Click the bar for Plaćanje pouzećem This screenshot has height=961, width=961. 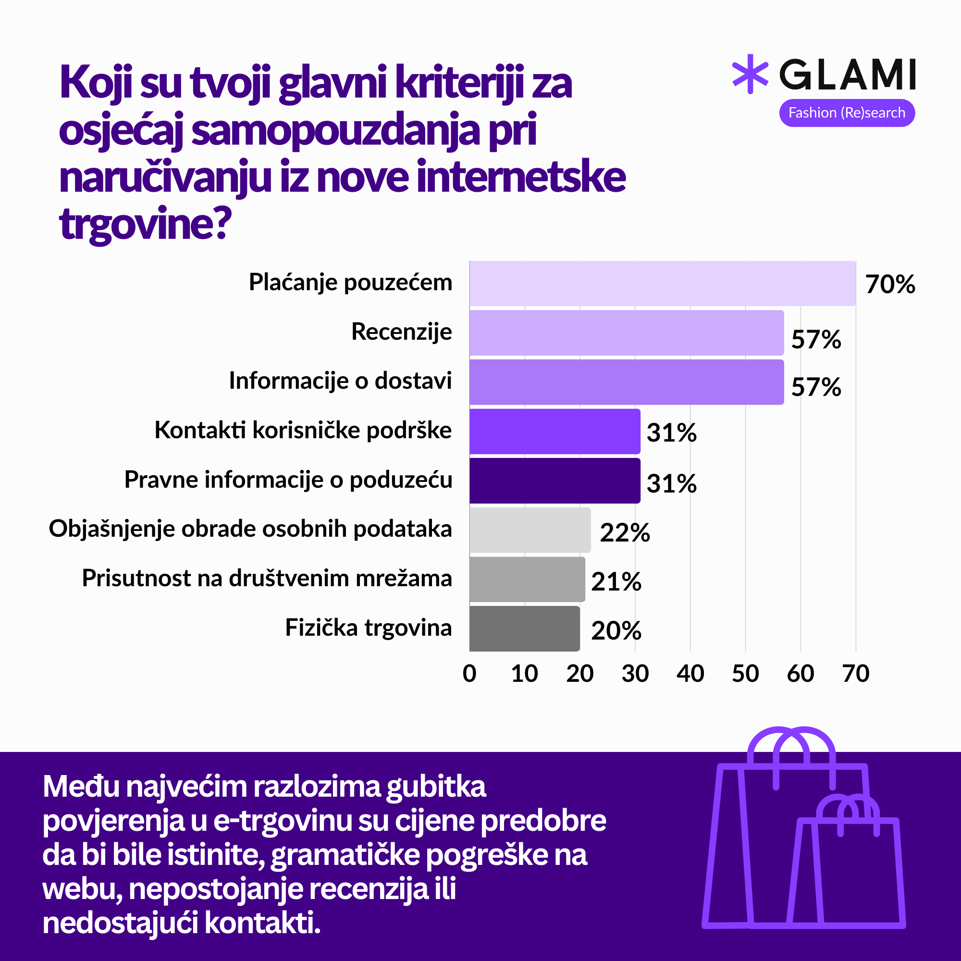pyautogui.click(x=662, y=283)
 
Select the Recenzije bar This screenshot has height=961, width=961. pyautogui.click(x=626, y=333)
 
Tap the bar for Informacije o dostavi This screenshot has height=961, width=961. pyautogui.click(x=626, y=382)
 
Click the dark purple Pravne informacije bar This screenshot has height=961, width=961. pyautogui.click(x=554, y=480)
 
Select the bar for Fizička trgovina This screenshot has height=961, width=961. pyautogui.click(x=524, y=628)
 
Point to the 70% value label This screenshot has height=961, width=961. pyautogui.click(x=890, y=284)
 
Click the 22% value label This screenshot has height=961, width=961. pyautogui.click(x=625, y=533)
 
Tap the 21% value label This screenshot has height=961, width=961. pyautogui.click(x=616, y=581)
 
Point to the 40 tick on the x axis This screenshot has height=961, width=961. pyautogui.click(x=690, y=674)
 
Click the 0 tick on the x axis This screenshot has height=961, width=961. pyautogui.click(x=469, y=674)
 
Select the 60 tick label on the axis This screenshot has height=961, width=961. pyautogui.click(x=801, y=674)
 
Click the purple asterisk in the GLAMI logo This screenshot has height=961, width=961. pyautogui.click(x=750, y=74)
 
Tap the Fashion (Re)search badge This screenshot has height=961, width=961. pyautogui.click(x=847, y=113)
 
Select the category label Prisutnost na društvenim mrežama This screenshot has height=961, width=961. pyautogui.click(x=267, y=579)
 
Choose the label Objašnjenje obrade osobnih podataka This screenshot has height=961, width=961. pyautogui.click(x=250, y=529)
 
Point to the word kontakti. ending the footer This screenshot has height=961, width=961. pyautogui.click(x=262, y=923)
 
